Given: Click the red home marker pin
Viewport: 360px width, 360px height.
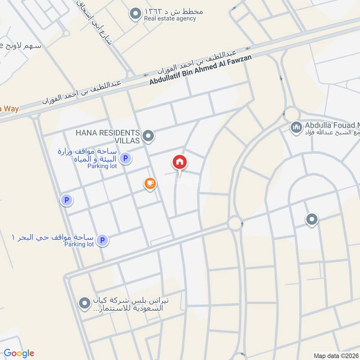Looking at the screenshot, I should point(180,163).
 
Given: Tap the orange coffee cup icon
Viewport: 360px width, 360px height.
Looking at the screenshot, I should point(150,184).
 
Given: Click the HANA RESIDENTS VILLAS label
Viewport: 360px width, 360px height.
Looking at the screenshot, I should point(108,136).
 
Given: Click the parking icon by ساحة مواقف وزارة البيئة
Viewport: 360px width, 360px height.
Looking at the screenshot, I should point(126,158).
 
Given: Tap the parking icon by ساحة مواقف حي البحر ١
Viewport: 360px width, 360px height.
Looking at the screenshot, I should point(103,240).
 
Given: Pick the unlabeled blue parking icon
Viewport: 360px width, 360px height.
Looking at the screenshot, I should point(67,200).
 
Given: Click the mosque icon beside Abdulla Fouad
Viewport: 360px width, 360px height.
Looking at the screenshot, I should point(296,128).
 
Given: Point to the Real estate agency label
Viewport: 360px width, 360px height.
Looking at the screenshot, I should point(170,18).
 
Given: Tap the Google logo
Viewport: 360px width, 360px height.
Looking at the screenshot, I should point(19,353).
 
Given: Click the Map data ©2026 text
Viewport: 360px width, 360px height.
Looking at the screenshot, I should point(335,355).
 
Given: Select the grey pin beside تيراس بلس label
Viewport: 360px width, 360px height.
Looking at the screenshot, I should point(84,304).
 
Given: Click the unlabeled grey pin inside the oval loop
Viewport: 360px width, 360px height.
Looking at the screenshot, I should point(311,220).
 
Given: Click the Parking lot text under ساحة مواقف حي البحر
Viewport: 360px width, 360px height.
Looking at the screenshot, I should point(79,244).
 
